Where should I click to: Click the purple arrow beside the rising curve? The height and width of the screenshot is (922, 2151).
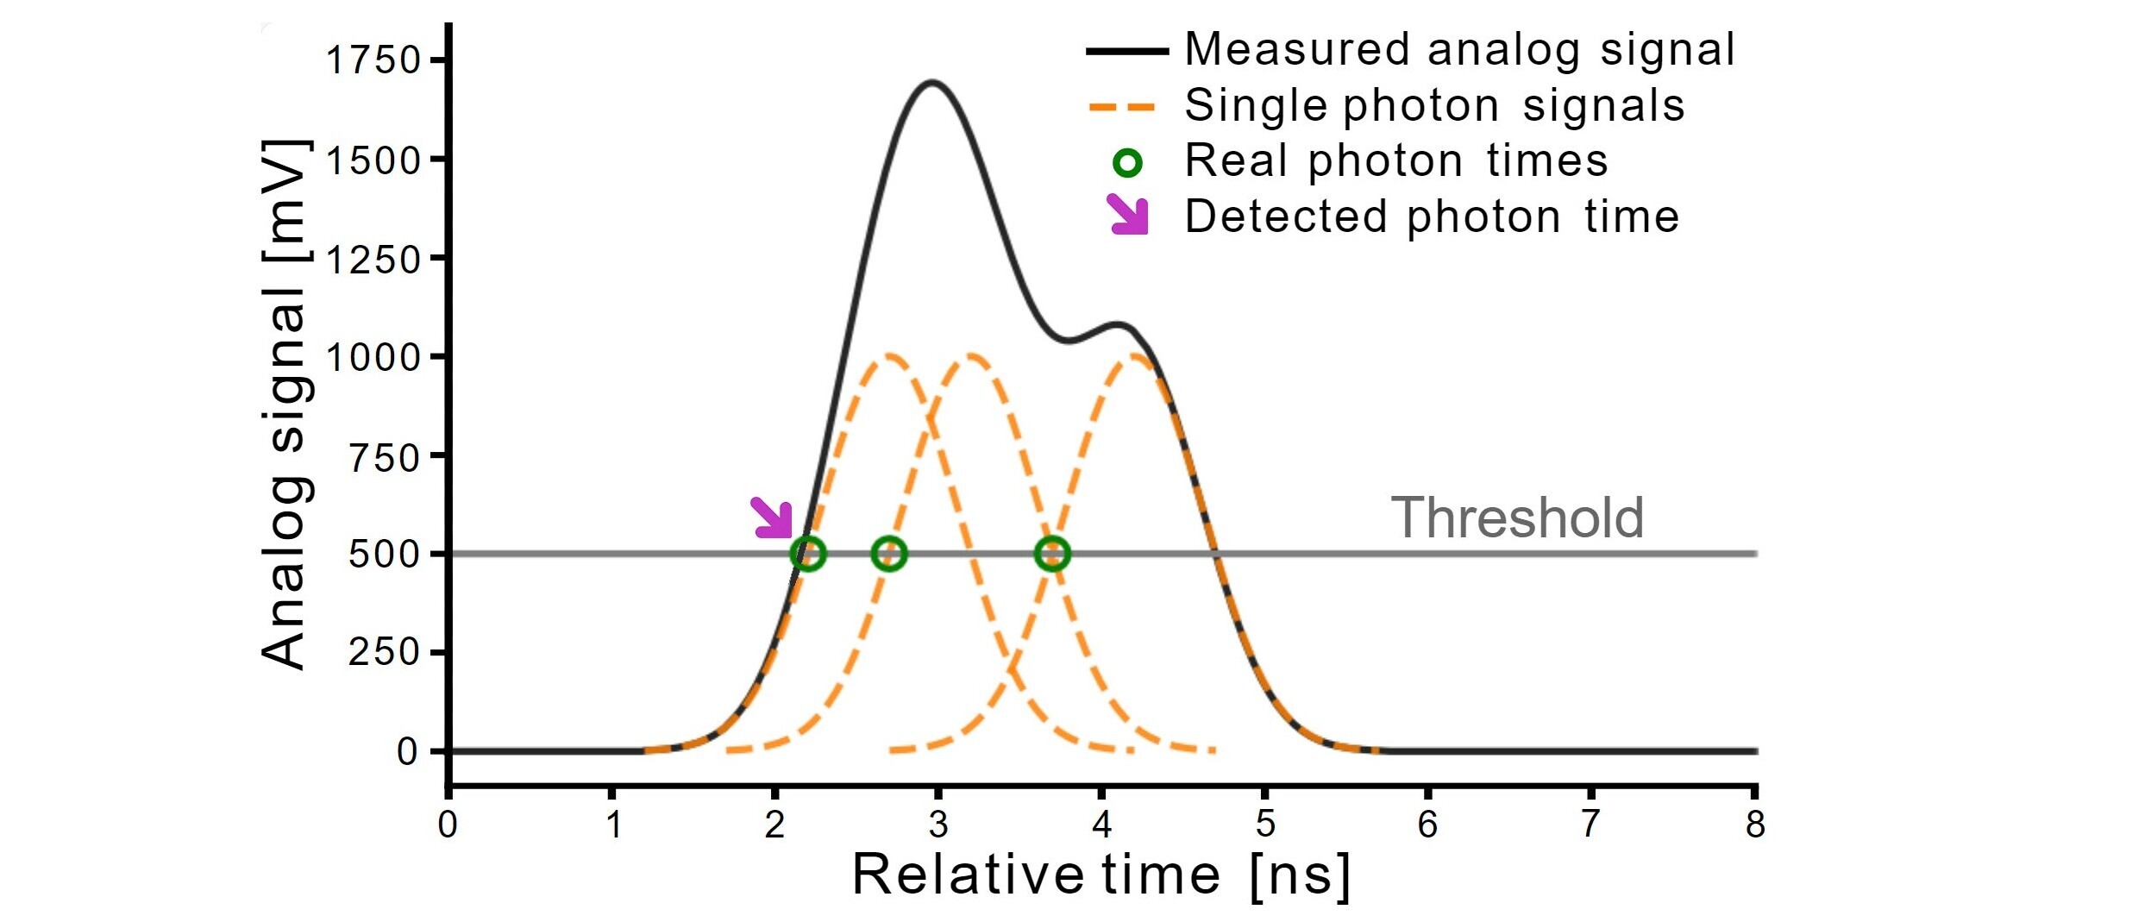773,518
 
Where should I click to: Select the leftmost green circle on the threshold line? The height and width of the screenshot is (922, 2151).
807,554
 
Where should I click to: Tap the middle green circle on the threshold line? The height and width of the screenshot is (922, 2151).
889,554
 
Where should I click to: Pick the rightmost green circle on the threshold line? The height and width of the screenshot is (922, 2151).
1052,554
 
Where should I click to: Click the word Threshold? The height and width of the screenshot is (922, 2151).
1517,517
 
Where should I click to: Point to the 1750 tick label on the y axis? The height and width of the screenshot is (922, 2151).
373,60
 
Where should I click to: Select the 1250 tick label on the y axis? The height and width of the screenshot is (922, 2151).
373,259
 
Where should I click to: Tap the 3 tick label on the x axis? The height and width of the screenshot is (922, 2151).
938,825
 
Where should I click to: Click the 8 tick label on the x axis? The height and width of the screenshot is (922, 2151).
1755,825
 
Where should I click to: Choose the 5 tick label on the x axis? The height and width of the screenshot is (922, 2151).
1265,825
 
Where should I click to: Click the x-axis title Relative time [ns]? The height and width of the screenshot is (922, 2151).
1101,876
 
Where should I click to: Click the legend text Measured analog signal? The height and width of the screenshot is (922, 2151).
1459,49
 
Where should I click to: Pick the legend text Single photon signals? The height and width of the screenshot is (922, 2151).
1434,105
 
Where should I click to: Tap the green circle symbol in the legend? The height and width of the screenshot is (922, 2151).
1127,162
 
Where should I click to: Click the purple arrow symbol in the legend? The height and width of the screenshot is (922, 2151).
1129,215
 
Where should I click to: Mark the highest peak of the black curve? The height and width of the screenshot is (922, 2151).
931,83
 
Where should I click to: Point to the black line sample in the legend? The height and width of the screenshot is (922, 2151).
1127,52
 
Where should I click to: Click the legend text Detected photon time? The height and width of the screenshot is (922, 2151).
1432,216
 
